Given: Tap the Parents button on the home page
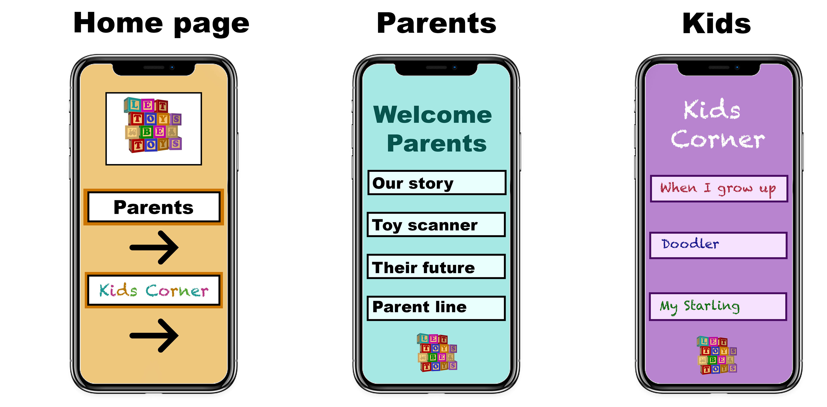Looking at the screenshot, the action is pyautogui.click(x=154, y=207).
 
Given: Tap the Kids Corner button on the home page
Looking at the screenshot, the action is pyautogui.click(x=154, y=290).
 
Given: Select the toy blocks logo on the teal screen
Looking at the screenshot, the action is pyautogui.click(x=437, y=352).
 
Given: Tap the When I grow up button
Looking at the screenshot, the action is pyautogui.click(x=719, y=189).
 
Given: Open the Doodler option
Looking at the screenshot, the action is pyautogui.click(x=718, y=245).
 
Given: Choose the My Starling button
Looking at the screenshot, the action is pyautogui.click(x=718, y=307).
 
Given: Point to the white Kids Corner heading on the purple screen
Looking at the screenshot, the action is pyautogui.click(x=718, y=124).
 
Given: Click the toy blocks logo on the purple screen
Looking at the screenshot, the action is pyautogui.click(x=717, y=355).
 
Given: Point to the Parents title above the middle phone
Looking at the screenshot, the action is pyautogui.click(x=437, y=23).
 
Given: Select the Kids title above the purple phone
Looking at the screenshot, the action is pyautogui.click(x=717, y=23).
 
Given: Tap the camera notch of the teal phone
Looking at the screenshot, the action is pyautogui.click(x=436, y=68).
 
